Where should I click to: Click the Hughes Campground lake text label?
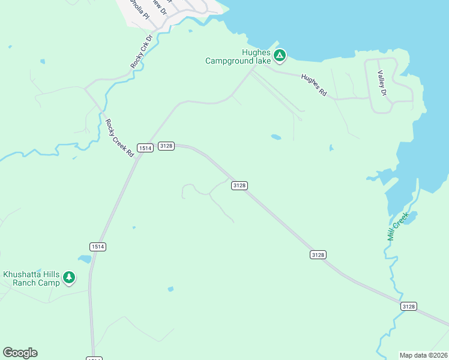coord(238,56)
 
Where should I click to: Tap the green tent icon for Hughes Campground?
coord(279,56)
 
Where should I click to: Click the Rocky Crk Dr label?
coord(142,51)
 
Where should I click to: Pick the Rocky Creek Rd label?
coord(119,138)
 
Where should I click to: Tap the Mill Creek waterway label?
coord(397,226)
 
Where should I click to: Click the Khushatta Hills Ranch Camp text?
coord(32,278)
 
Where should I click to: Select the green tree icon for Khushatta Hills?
coord(70,277)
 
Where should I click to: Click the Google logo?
coord(20,353)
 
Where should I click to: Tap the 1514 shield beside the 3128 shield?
coord(145,147)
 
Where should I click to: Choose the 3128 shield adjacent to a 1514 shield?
coord(166,146)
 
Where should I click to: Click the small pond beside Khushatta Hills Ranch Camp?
coord(84,259)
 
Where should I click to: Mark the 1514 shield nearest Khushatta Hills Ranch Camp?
coord(98,247)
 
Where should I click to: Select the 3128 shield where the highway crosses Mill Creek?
coord(408,306)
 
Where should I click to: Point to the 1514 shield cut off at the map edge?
coord(94,358)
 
